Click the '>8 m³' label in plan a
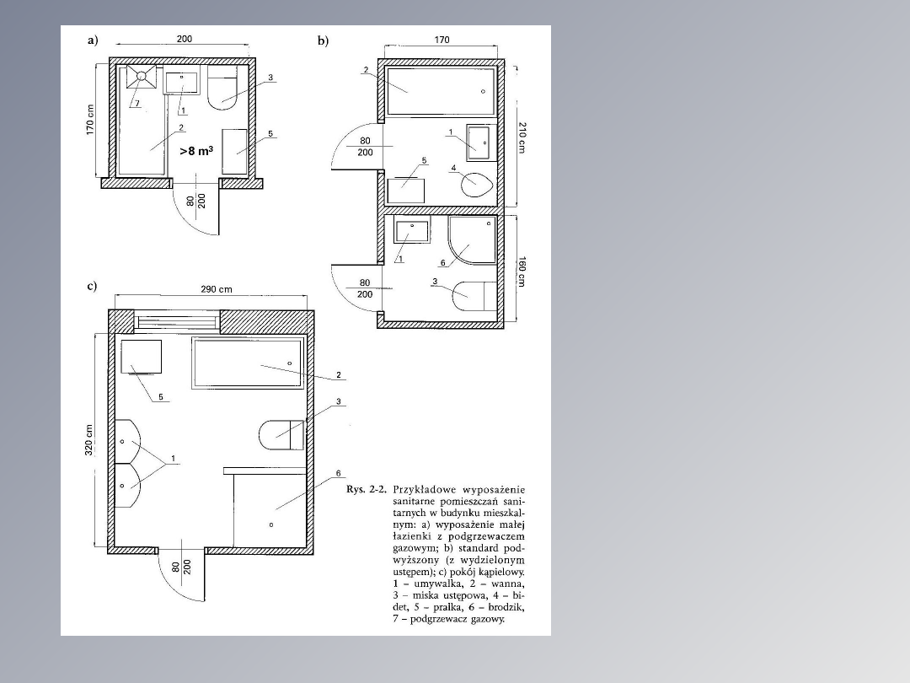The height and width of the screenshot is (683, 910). point(196,151)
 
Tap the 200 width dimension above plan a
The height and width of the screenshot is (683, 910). point(184,39)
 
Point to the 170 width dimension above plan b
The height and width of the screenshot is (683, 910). point(442,40)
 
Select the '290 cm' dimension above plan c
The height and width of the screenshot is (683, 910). point(217,288)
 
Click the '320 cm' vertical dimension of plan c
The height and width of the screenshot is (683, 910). point(89,439)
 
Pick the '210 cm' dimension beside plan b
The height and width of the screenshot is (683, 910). point(522,137)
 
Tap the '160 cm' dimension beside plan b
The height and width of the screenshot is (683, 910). point(522,272)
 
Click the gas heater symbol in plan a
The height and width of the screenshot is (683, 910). point(142,77)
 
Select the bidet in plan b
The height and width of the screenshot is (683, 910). point(476,185)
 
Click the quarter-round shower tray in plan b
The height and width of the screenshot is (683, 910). point(471,239)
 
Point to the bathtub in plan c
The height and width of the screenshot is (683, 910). point(248,363)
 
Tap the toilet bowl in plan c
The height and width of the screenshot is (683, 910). point(281,434)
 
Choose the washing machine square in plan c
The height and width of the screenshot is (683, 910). point(141,357)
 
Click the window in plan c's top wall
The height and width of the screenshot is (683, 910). point(177,321)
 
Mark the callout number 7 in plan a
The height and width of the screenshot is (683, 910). point(137,104)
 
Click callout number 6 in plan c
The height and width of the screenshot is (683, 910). point(339,473)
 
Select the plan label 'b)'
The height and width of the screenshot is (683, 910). point(323,40)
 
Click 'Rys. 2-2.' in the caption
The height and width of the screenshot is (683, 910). point(367,489)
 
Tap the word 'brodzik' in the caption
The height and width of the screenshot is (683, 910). point(506,607)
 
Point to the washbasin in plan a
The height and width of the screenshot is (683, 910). point(182,83)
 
